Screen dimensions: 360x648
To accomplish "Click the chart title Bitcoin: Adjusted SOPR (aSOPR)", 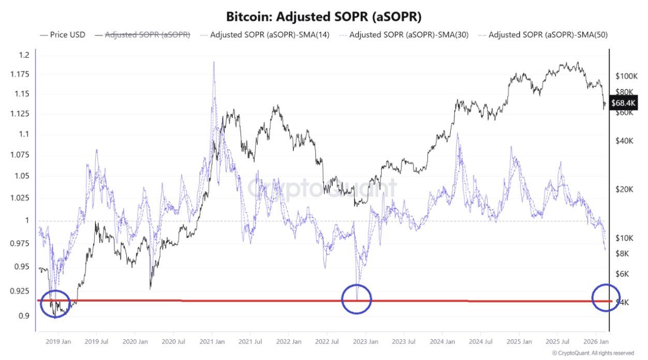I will (x=323, y=16).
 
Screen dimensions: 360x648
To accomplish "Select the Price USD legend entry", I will (x=63, y=35).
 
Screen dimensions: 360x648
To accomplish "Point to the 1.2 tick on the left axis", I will (x=24, y=55).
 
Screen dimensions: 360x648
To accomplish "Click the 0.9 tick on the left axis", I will (x=24, y=316).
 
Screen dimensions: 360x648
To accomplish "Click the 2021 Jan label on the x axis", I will (x=212, y=342).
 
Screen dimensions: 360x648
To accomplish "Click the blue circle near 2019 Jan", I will (x=55, y=304).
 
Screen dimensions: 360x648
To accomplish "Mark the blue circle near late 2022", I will (x=357, y=298).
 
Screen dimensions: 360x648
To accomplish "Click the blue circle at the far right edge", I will (x=606, y=298).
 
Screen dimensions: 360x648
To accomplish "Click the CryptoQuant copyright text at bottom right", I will (x=593, y=353).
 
